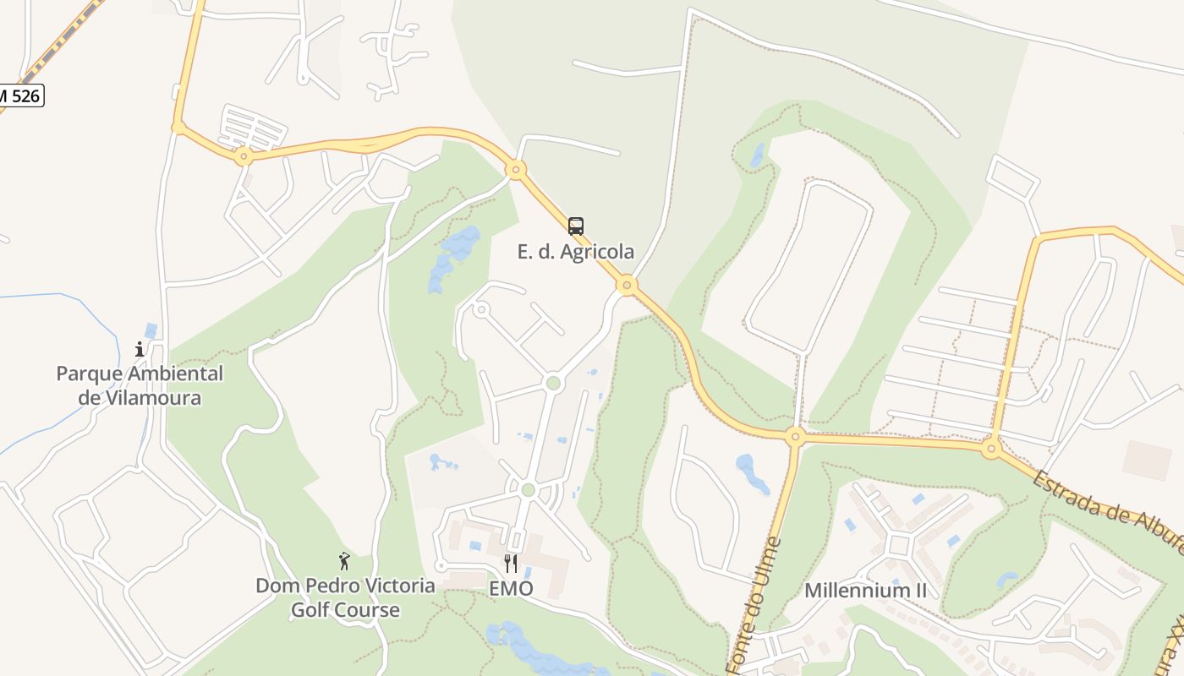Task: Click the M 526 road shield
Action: click(x=20, y=96)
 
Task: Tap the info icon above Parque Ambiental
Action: click(x=140, y=348)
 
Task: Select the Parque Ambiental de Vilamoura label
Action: click(x=140, y=385)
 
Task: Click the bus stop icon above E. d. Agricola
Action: click(x=576, y=226)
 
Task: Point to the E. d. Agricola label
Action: click(x=576, y=252)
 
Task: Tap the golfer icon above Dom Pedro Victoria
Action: click(x=344, y=561)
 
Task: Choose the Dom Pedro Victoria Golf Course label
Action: click(x=345, y=597)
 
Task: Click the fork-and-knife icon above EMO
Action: click(x=511, y=563)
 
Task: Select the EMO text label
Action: click(x=511, y=588)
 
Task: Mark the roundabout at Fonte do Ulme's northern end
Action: click(x=794, y=437)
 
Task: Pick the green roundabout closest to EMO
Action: click(x=529, y=490)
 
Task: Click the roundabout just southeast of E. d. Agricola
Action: click(x=627, y=285)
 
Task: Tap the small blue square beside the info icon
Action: click(x=151, y=330)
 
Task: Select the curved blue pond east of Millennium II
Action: click(x=1006, y=580)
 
